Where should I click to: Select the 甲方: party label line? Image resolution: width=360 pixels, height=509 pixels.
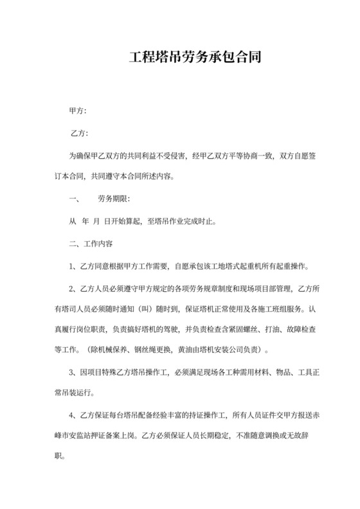click(x=78, y=111)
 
